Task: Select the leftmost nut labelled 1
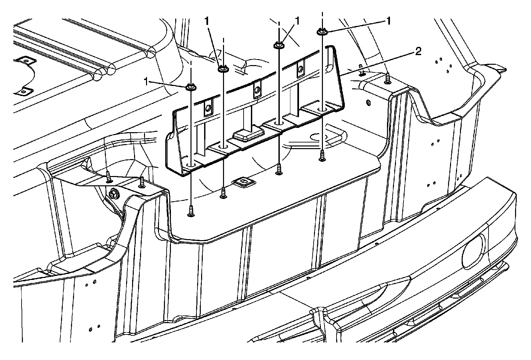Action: [190, 87]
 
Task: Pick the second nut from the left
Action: [222, 69]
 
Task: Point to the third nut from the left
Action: [278, 45]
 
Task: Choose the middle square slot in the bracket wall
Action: [256, 89]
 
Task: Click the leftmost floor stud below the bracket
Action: [191, 211]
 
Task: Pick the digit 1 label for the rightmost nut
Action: [387, 22]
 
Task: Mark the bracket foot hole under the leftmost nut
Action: [191, 164]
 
